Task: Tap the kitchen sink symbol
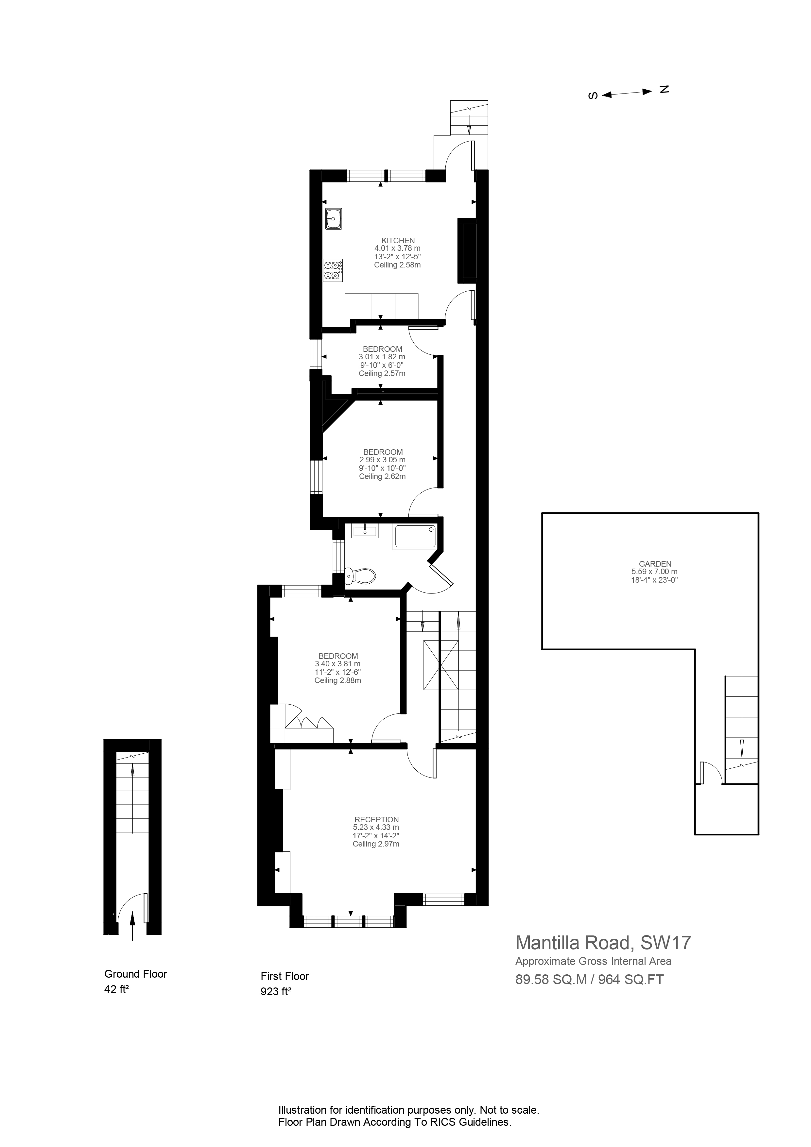[333, 218]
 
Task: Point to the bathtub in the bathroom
[415, 537]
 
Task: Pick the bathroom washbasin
[365, 531]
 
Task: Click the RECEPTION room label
[376, 819]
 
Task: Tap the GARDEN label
[655, 563]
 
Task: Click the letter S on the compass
[593, 95]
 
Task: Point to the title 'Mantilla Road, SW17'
[603, 942]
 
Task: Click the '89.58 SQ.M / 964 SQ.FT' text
[590, 980]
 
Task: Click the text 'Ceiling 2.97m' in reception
[376, 844]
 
